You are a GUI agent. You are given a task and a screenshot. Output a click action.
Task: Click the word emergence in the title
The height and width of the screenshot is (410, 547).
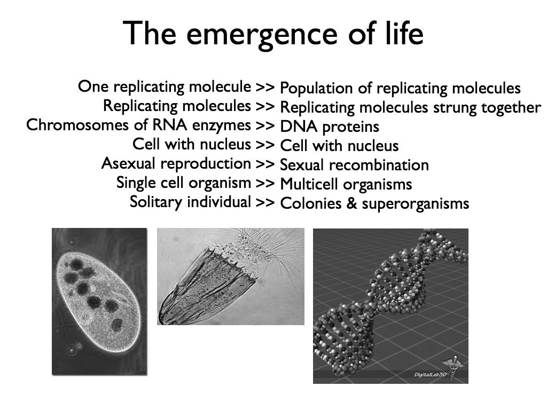pyautogui.click(x=262, y=35)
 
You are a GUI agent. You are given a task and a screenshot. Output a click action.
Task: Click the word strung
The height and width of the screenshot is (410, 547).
pyautogui.click(x=455, y=108)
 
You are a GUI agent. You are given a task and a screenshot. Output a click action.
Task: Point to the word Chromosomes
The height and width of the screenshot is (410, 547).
pyautogui.click(x=77, y=125)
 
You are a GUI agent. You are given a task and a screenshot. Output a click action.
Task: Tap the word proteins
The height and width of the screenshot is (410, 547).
pyautogui.click(x=350, y=127)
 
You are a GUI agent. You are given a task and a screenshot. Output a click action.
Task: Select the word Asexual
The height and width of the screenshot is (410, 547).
pyautogui.click(x=128, y=163)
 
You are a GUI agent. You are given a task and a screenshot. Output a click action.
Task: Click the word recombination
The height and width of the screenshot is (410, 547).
pyautogui.click(x=380, y=165)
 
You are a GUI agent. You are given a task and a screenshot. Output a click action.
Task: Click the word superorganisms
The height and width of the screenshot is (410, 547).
pyautogui.click(x=416, y=204)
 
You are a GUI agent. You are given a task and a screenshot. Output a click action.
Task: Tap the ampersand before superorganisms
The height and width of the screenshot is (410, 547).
pyautogui.click(x=351, y=203)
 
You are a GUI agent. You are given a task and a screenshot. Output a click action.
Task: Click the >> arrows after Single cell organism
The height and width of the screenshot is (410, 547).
pyautogui.click(x=265, y=184)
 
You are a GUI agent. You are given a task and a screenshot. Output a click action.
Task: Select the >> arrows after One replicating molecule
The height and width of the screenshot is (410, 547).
pyautogui.click(x=265, y=87)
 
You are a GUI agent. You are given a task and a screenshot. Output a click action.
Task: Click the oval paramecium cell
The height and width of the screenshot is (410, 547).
pyautogui.click(x=98, y=302)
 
